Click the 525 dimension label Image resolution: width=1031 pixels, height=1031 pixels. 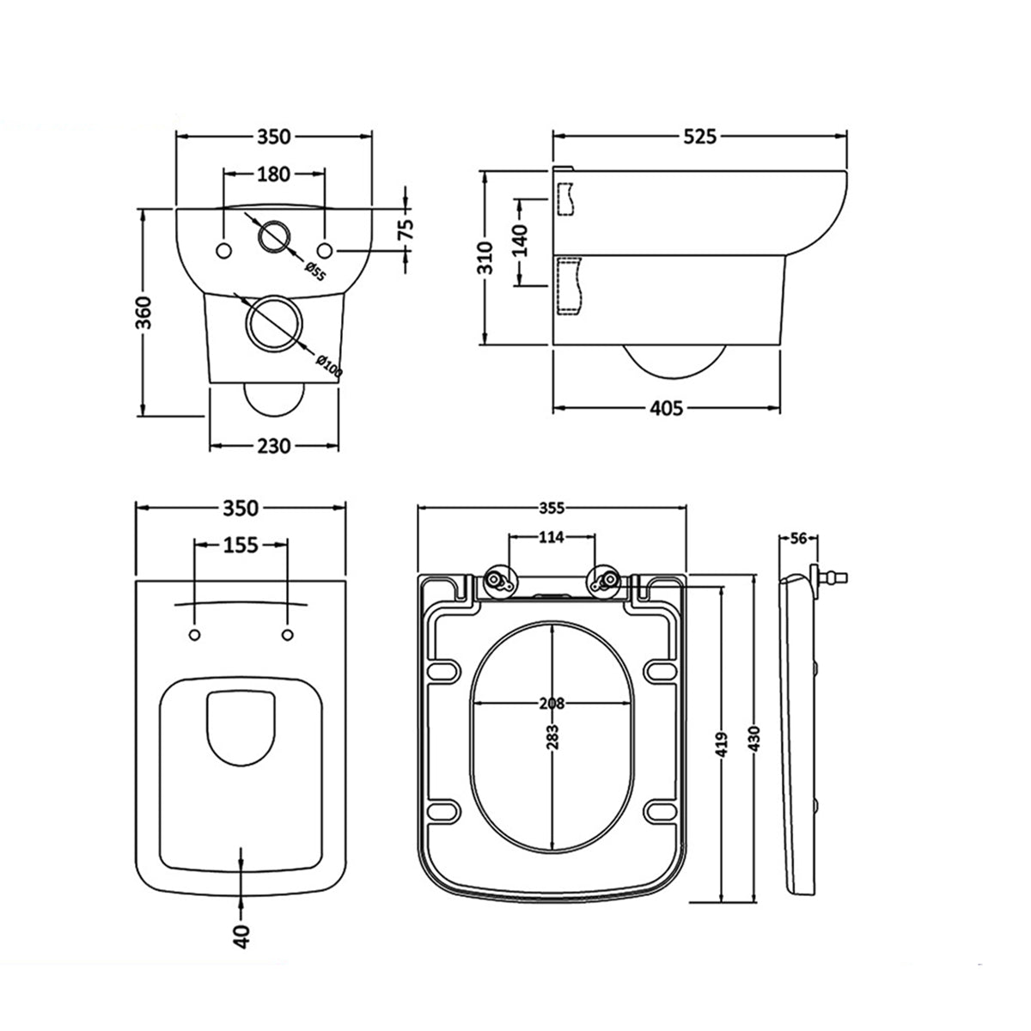700,136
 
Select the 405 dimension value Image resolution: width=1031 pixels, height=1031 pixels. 666,408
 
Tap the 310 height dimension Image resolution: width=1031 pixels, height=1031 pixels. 486,258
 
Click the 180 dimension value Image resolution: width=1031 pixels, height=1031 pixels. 273,174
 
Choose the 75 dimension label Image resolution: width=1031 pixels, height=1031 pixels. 406,228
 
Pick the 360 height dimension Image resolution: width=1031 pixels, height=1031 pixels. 143,312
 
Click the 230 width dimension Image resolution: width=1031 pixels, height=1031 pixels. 274,445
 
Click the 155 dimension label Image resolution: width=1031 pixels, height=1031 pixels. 241,546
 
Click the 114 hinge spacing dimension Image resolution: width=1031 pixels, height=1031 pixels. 551,538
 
